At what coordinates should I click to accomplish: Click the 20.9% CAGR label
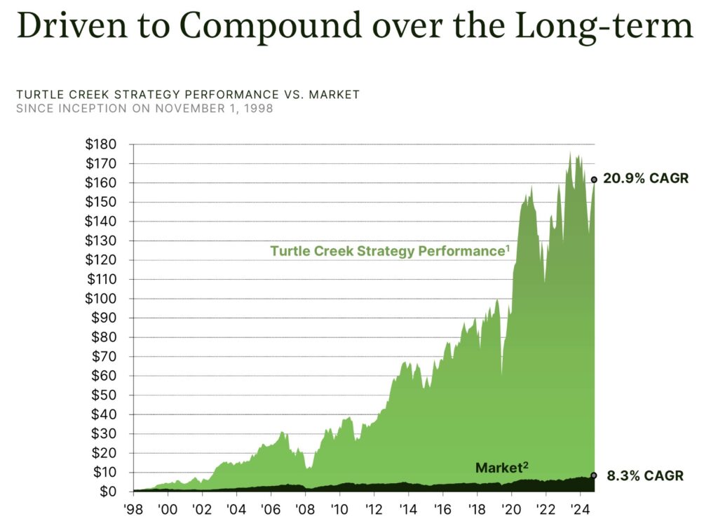tap(646, 178)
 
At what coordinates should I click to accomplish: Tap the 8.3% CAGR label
tap(645, 476)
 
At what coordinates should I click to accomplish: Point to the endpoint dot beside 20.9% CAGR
tap(594, 180)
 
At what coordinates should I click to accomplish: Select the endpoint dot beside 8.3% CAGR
tap(594, 475)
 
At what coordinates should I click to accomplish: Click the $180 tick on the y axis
tap(101, 144)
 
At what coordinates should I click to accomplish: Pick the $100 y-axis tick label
tap(101, 299)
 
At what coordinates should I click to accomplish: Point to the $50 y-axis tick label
tap(104, 395)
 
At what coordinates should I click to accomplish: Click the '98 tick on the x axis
tap(133, 509)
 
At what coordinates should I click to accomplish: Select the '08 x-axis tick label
tap(305, 509)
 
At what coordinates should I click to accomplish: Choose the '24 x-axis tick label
tap(580, 509)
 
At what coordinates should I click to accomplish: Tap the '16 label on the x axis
tap(442, 509)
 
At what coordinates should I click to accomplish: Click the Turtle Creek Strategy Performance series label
tap(390, 251)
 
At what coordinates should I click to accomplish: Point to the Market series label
tap(502, 468)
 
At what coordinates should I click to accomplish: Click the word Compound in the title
tap(271, 27)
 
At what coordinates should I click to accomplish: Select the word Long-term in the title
tap(604, 27)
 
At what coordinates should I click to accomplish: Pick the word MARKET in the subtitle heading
tap(334, 95)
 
